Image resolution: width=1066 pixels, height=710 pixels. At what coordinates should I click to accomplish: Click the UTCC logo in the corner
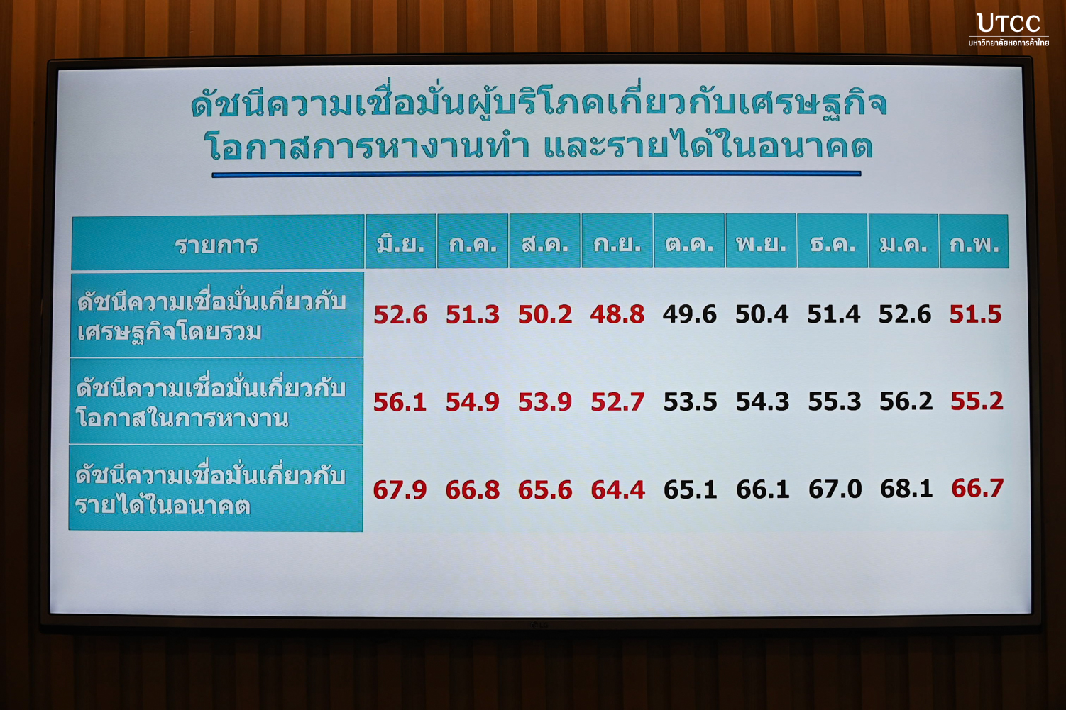coord(1009,30)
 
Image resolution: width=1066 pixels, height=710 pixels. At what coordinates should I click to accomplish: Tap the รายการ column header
coord(217,245)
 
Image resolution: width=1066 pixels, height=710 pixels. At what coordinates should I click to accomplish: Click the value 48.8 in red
coord(617,314)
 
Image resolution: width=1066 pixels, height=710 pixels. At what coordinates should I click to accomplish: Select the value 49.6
coord(690,314)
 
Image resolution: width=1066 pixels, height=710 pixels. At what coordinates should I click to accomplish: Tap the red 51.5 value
coord(976,314)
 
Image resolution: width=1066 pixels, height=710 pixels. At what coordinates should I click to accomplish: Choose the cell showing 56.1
coord(400,402)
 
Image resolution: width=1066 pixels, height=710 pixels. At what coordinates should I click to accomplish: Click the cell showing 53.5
coord(690,402)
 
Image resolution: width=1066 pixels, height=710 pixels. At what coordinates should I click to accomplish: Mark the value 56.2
coord(906,402)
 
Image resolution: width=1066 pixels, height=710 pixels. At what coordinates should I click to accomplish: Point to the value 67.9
coord(400,490)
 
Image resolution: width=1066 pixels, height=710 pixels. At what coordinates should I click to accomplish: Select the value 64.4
coord(617,490)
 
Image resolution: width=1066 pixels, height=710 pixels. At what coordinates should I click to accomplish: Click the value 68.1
coord(906,489)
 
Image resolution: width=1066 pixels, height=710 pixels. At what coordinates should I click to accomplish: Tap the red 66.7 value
coord(977,489)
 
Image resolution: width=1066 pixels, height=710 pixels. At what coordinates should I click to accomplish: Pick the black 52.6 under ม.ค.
coord(905,314)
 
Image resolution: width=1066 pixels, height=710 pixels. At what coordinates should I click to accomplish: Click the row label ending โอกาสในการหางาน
coord(210,404)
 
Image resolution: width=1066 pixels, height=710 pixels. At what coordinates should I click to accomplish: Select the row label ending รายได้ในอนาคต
coord(210,490)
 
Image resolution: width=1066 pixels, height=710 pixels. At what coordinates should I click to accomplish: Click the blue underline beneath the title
coord(537,174)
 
